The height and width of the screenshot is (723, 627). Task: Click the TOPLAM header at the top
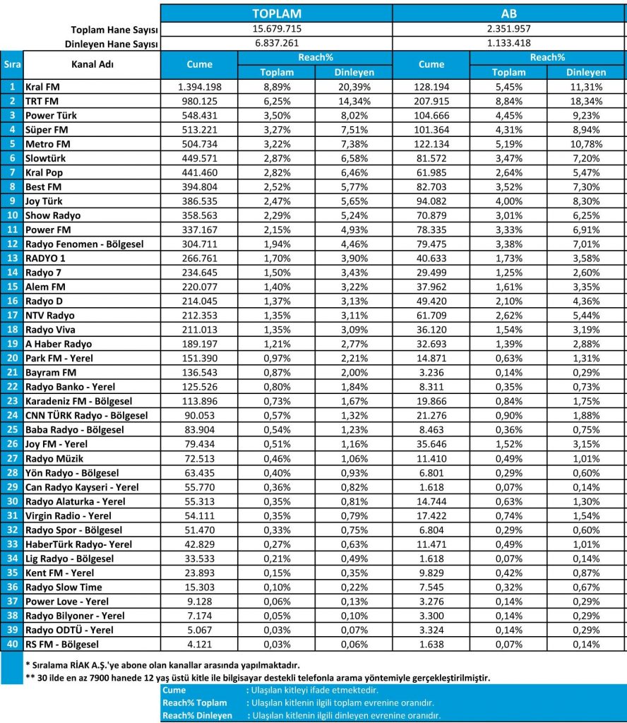tap(277, 14)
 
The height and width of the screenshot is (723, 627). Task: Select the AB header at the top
tap(508, 14)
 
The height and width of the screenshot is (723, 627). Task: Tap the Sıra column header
tap(11, 64)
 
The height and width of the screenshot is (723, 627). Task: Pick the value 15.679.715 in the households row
tap(277, 29)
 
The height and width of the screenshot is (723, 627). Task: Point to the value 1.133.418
tap(508, 44)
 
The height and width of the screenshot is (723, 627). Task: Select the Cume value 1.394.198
tap(200, 87)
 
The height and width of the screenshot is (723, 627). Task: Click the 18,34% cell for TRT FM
tap(587, 101)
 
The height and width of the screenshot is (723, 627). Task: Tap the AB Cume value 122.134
tap(431, 144)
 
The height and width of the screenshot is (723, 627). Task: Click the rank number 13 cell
tap(11, 258)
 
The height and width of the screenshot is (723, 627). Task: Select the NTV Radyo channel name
tap(49, 316)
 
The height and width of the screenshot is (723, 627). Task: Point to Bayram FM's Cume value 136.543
tap(200, 373)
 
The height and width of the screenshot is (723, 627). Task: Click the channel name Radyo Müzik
tap(54, 458)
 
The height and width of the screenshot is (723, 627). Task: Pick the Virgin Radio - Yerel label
tap(68, 515)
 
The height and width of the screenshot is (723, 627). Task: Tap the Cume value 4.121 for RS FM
tap(200, 644)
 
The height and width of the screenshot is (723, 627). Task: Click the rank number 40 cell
tap(11, 644)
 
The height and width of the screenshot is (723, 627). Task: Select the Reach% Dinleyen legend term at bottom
tap(197, 715)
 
